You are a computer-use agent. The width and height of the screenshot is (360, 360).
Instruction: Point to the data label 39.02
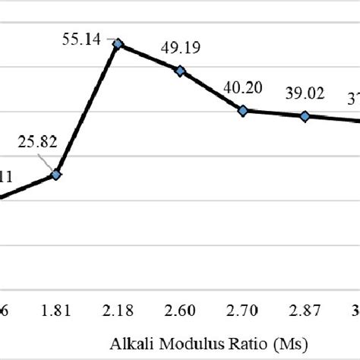coord(305,93)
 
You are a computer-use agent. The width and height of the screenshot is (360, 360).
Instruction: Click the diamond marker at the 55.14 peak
coord(118,45)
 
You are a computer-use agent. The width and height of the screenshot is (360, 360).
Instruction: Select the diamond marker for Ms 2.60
coord(180,71)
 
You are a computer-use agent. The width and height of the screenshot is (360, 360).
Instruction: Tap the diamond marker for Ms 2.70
coord(243,111)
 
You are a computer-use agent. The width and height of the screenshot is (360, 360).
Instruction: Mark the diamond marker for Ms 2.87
coord(305,116)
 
